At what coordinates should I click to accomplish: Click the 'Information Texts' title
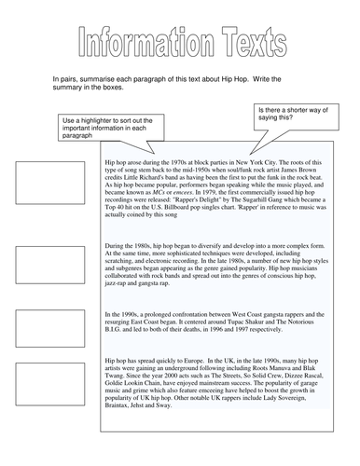click(180, 43)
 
